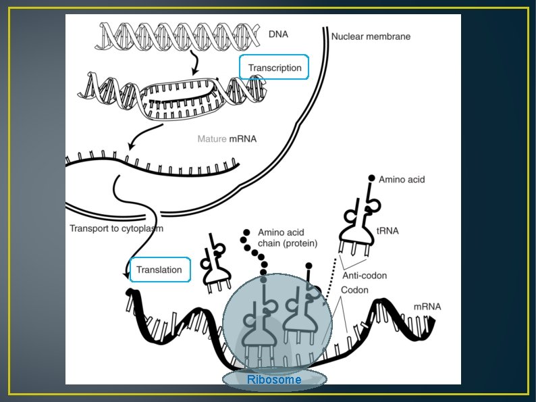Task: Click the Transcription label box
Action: point(274,68)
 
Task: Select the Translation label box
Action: point(159,270)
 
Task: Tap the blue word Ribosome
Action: point(273,380)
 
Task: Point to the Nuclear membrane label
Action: point(371,36)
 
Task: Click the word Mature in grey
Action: point(212,139)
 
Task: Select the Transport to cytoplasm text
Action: point(116,228)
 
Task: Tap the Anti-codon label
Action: point(365,276)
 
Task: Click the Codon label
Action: point(354,291)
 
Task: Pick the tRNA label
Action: point(387,230)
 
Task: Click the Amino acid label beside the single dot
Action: point(402,180)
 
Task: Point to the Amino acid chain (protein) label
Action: point(288,237)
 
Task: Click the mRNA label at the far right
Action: point(427,306)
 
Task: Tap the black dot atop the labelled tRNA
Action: point(370,178)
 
